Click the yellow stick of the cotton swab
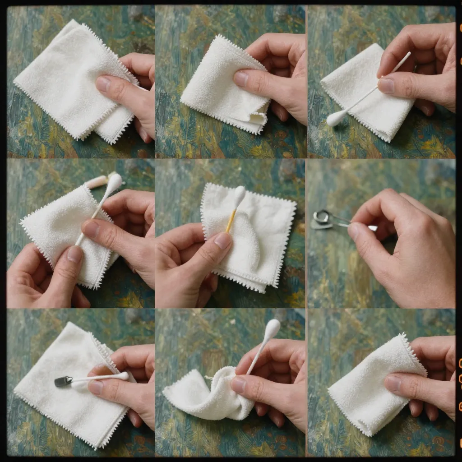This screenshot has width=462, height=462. pos(231,220)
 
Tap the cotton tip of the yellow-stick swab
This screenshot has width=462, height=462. pos(239,194)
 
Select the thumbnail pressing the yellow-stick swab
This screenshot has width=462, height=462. pos(222,241)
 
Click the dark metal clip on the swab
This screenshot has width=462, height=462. pos(63,381)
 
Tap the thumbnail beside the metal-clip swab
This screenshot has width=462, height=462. pos(96,387)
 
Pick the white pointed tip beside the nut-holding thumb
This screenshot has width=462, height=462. pos(372,228)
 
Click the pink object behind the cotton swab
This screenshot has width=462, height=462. pos(96,182)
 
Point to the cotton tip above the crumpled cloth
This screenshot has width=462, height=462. pos(272,329)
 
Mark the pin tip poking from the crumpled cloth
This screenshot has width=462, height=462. pos(208,378)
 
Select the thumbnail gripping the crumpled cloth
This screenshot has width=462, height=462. pos(239,384)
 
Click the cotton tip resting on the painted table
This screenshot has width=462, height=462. pos(336,119)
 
